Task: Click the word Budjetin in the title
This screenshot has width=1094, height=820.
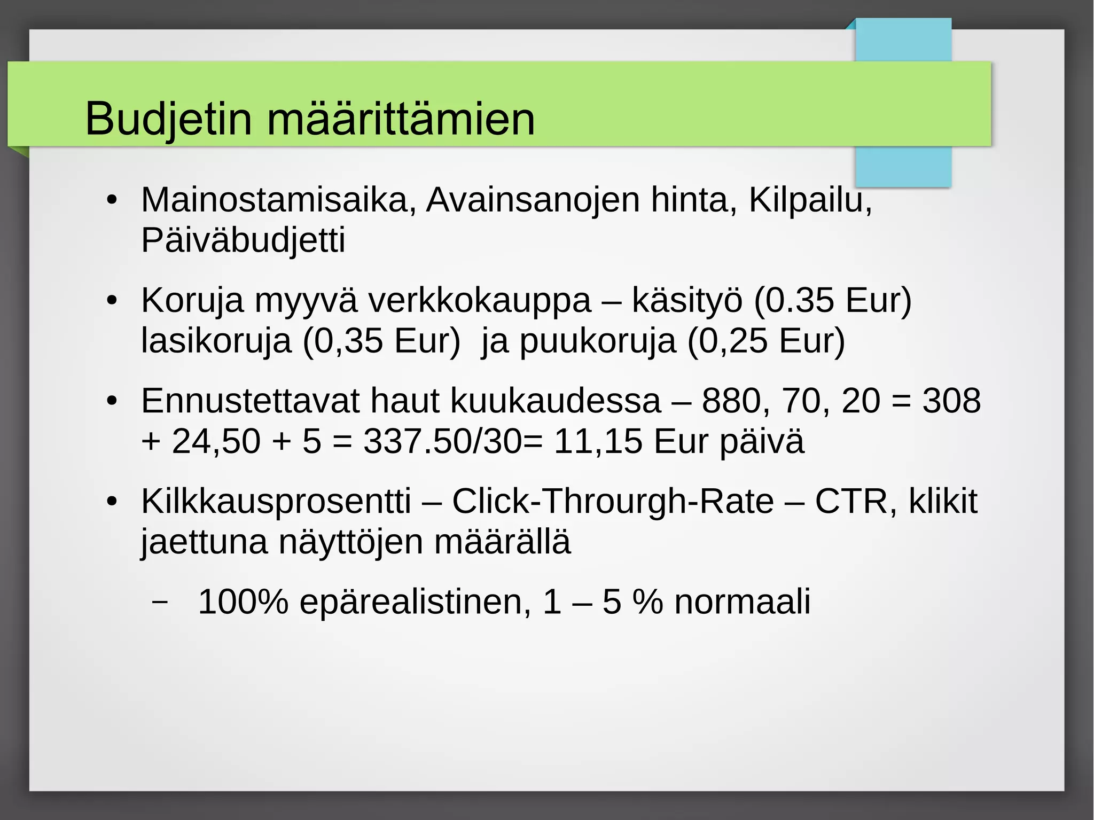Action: pyautogui.click(x=168, y=119)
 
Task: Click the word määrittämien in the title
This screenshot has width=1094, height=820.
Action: pyautogui.click(x=401, y=119)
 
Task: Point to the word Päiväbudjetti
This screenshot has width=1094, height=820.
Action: pyautogui.click(x=243, y=240)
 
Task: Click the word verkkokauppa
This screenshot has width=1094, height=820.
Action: pyautogui.click(x=479, y=300)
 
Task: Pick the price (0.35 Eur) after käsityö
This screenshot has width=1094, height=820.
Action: pyautogui.click(x=832, y=300)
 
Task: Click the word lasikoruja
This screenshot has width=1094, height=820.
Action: pyautogui.click(x=216, y=341)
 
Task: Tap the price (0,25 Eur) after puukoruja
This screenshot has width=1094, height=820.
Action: pyautogui.click(x=766, y=341)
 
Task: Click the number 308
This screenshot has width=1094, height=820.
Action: pyautogui.click(x=951, y=401)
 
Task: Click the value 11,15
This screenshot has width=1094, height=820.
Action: pyautogui.click(x=597, y=441)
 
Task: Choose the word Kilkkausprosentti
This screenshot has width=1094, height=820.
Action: pyautogui.click(x=276, y=502)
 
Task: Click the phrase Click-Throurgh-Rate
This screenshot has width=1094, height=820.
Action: pyautogui.click(x=613, y=502)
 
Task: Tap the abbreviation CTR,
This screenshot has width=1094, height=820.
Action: pyautogui.click(x=856, y=502)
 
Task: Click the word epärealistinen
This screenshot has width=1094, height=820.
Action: pyautogui.click(x=415, y=602)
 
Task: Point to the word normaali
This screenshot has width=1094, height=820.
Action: pyautogui.click(x=742, y=602)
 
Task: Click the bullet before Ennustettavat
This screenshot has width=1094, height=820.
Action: pyautogui.click(x=111, y=401)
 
